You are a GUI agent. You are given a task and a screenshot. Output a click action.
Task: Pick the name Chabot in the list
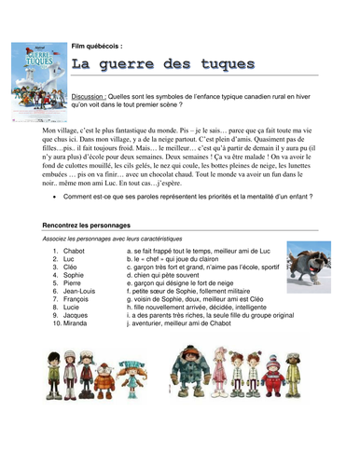[x=75, y=251]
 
